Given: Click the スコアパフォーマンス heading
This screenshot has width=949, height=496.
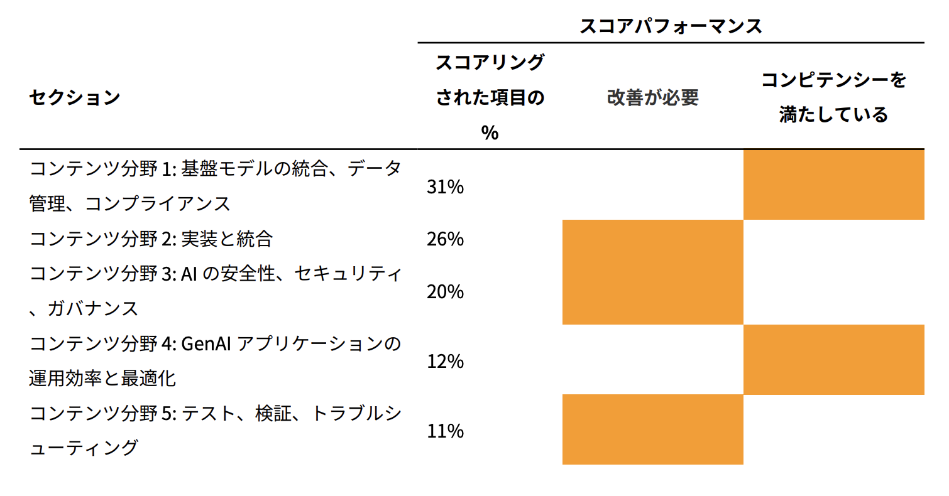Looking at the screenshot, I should click(x=670, y=26).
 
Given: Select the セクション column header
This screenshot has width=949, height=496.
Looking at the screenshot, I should click(x=74, y=98).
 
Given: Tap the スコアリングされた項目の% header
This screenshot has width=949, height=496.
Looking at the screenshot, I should click(x=490, y=97).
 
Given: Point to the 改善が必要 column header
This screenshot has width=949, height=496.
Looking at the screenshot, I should click(x=652, y=98).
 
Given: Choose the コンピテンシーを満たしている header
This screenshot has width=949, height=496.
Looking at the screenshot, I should click(x=833, y=97).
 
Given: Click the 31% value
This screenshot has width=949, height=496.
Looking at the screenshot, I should click(x=445, y=186).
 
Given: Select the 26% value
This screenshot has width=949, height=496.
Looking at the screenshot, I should click(x=445, y=239).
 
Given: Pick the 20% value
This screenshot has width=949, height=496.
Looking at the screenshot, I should click(x=445, y=291).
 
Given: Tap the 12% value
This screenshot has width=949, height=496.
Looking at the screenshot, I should click(x=445, y=361).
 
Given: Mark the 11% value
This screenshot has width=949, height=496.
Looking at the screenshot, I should click(x=445, y=431).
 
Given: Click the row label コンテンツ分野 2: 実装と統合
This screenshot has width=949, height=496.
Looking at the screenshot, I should click(x=151, y=239).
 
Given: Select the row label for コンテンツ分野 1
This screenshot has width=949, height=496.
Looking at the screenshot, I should click(x=214, y=186).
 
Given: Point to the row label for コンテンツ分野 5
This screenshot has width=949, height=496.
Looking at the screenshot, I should click(x=214, y=431).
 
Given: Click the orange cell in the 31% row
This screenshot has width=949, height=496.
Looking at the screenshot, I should click(x=833, y=185).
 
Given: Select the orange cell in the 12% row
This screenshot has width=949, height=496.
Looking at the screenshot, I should click(x=833, y=360).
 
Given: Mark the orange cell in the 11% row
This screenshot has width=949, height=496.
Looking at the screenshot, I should click(x=652, y=429).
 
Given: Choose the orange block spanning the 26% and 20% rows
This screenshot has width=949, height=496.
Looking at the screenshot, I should click(x=652, y=272).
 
